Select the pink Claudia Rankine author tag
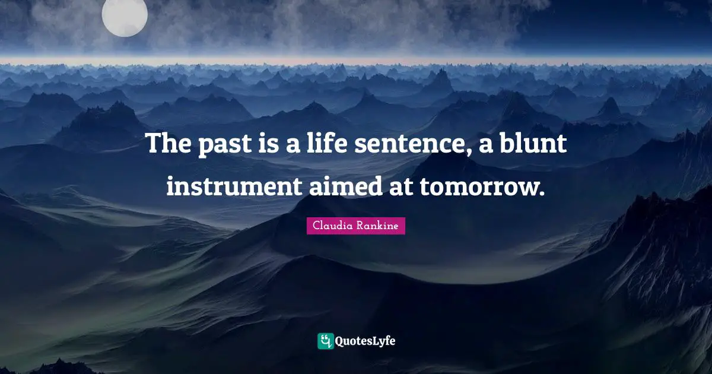point(356,226)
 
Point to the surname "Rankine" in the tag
point(377,226)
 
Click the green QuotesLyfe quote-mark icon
point(325,341)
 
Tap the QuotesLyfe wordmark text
point(365,341)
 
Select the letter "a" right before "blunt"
point(488,146)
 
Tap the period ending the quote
point(541,194)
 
